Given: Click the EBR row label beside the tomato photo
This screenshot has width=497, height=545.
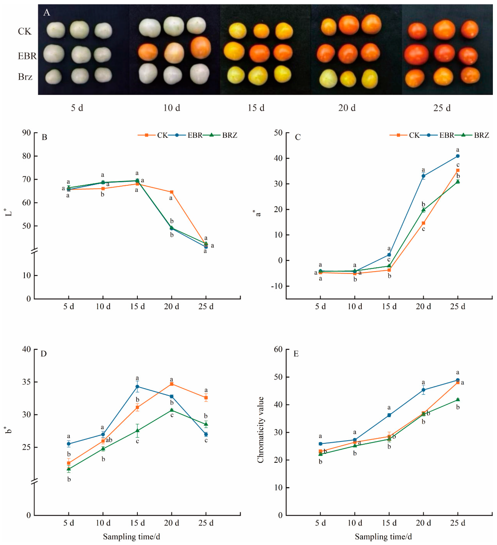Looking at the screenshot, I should tap(27, 56).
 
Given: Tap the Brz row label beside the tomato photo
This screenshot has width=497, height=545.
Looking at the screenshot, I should tap(25, 77).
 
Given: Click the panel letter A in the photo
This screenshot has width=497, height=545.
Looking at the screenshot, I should tap(47, 12).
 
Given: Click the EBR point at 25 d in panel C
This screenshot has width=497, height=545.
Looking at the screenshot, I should tap(458, 156).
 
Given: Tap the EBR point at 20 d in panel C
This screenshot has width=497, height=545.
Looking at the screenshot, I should tap(423, 176).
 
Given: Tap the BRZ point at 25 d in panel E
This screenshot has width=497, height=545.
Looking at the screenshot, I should tap(458, 400).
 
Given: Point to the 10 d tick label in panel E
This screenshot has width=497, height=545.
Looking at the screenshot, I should tap(355, 523).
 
